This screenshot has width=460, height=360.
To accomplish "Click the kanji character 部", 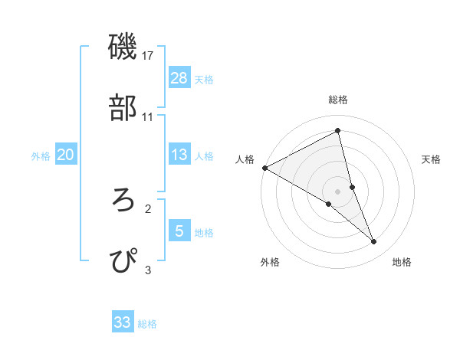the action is click(x=123, y=109).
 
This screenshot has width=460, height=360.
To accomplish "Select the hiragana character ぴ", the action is click(x=123, y=261).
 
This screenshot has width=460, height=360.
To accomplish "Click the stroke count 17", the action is click(x=148, y=56).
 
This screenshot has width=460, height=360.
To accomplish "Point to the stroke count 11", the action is click(x=148, y=116).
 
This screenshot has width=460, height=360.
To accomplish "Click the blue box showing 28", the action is click(x=179, y=78).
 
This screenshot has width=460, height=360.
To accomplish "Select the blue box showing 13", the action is click(x=179, y=155).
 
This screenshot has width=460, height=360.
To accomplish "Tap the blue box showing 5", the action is click(x=179, y=231).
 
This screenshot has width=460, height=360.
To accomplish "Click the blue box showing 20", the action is click(x=65, y=155).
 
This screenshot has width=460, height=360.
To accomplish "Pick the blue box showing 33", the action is click(x=123, y=322).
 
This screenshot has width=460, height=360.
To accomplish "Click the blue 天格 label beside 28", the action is click(x=204, y=79).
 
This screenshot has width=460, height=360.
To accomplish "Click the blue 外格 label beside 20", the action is click(x=41, y=155).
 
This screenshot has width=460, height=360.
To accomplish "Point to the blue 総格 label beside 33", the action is click(x=147, y=323).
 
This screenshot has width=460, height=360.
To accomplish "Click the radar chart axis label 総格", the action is click(x=338, y=100).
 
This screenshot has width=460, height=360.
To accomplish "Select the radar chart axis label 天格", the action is click(x=432, y=159).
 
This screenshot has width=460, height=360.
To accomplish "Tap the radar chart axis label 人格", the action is click(x=245, y=159).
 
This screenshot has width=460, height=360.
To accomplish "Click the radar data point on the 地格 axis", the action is click(x=374, y=241).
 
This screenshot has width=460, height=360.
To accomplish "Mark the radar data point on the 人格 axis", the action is click(x=264, y=168).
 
